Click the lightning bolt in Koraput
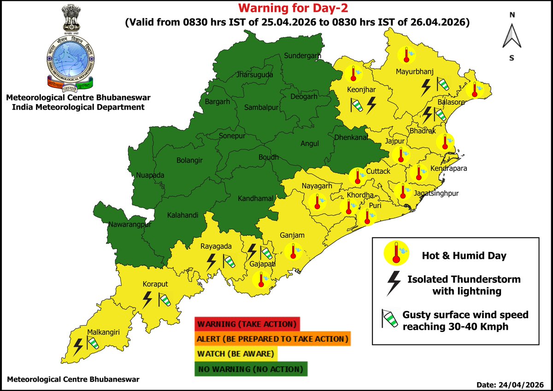pyautogui.click(x=147, y=299)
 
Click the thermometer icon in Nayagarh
pyautogui.click(x=318, y=201)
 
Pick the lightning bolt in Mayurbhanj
pyautogui.click(x=427, y=86)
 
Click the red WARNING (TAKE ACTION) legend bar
pyautogui.click(x=247, y=324)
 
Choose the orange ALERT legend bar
pyautogui.click(x=272, y=339)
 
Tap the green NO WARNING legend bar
pyautogui.click(x=251, y=369)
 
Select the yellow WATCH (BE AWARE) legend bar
pyautogui.click(x=236, y=354)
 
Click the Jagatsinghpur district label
pyautogui.click(x=436, y=194)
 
